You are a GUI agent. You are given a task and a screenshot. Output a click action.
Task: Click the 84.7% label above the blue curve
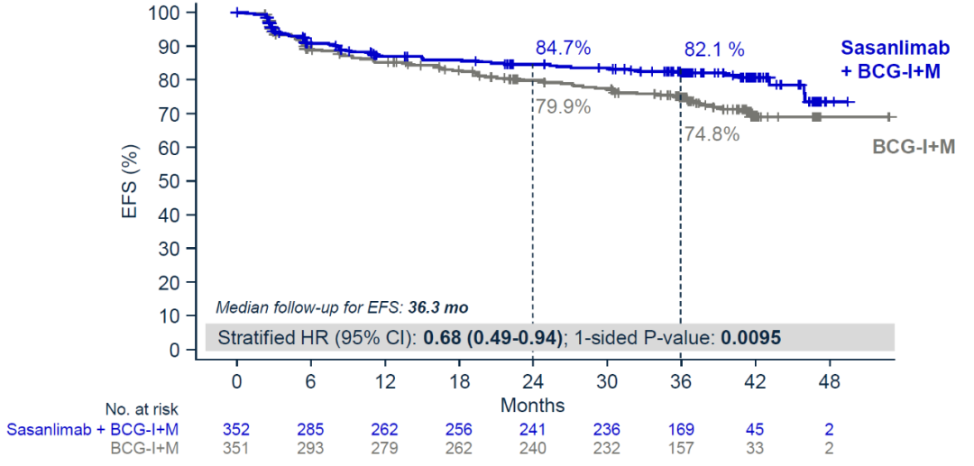tap(564, 46)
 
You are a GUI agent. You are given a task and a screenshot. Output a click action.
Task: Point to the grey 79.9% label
tap(564, 106)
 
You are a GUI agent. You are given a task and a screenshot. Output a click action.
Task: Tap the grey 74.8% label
tap(711, 134)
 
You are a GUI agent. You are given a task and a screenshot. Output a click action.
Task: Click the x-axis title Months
tap(532, 406)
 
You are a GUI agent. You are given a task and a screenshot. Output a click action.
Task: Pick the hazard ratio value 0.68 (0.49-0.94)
tap(494, 337)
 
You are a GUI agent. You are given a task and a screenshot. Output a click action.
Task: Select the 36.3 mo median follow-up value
tap(438, 308)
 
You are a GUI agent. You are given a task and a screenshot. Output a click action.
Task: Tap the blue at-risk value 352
tap(236, 429)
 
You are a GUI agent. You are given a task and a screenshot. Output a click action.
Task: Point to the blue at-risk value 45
tap(756, 429)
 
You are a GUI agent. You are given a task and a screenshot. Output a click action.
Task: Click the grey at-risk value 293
tap(310, 447)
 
